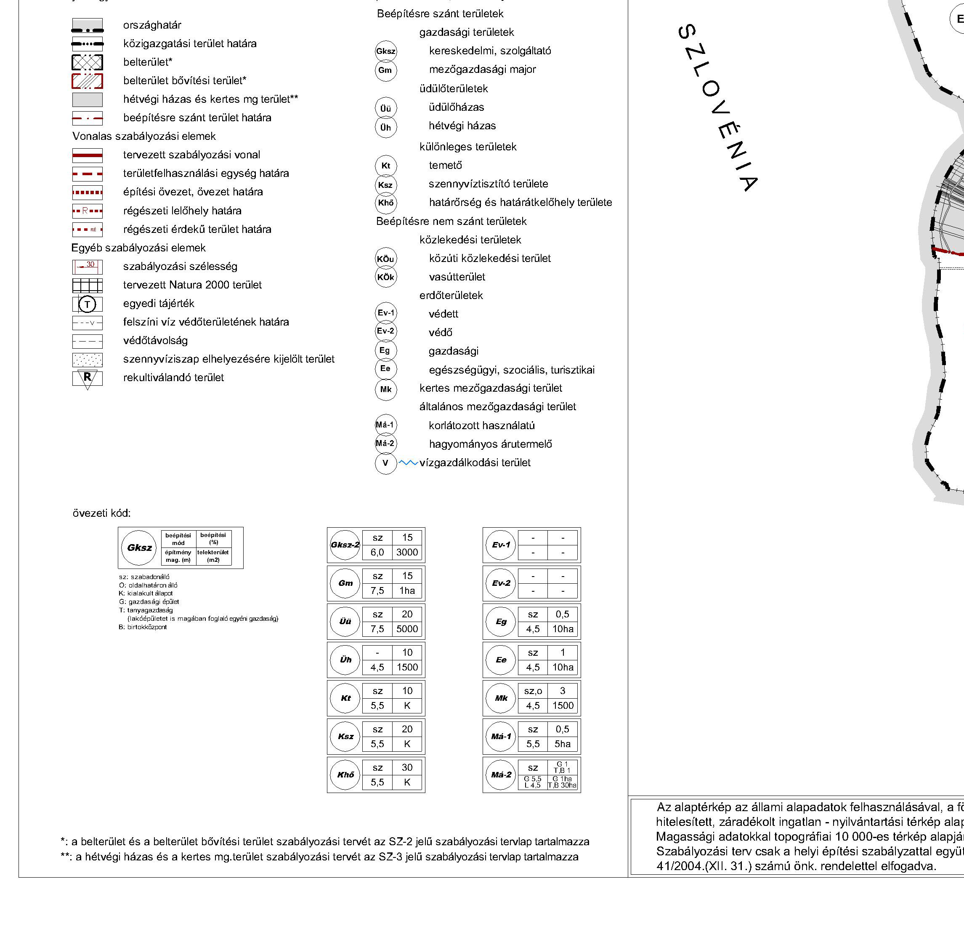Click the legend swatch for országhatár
pos(88,25)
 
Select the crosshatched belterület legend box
pos(88,62)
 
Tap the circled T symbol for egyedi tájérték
pos(88,304)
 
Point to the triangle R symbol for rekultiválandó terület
pos(88,378)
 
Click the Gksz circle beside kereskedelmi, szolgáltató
pos(385,51)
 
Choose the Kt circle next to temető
pos(385,166)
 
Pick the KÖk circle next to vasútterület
pos(385,277)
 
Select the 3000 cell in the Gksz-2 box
pos(407,553)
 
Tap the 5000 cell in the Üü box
pos(407,629)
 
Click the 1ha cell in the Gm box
pos(407,590)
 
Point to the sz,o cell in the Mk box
pos(533,691)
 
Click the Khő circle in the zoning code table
pos(345,774)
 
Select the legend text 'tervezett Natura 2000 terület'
pos(192,285)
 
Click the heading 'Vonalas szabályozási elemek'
pos(144,136)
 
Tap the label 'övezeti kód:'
pos(102,513)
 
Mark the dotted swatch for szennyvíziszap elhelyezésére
pos(88,359)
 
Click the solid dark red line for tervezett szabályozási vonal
pos(88,155)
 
